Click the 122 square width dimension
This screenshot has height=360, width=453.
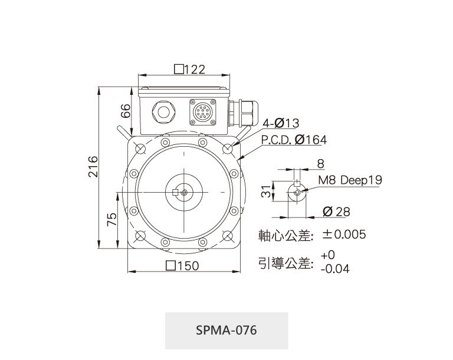pyautogui.click(x=190, y=70)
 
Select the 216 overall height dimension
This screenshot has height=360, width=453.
pyautogui.click(x=93, y=167)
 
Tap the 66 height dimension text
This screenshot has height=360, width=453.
pyautogui.click(x=126, y=111)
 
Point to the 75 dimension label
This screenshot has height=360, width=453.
pyautogui.click(x=112, y=219)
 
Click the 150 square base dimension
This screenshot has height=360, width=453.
pyautogui.click(x=183, y=266)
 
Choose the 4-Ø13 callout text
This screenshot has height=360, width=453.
pyautogui.click(x=281, y=123)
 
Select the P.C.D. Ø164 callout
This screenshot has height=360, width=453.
pyautogui.click(x=294, y=140)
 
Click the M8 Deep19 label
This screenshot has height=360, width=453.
pyautogui.click(x=350, y=180)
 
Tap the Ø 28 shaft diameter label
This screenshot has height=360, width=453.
pyautogui.click(x=336, y=212)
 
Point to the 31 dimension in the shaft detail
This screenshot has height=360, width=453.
pyautogui.click(x=266, y=191)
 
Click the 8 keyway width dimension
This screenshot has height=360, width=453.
pyautogui.click(x=321, y=164)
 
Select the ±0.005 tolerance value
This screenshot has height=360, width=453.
pyautogui.click(x=344, y=235)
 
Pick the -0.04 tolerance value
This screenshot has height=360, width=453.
pyautogui.click(x=335, y=269)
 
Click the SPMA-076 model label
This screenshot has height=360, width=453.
pyautogui.click(x=226, y=330)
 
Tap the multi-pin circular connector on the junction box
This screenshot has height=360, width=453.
pyautogui.click(x=202, y=113)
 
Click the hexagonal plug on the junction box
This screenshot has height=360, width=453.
pyautogui.click(x=163, y=113)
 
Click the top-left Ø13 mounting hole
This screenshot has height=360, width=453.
pyautogui.click(x=141, y=148)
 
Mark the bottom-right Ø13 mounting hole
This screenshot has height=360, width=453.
pyautogui.click(x=228, y=236)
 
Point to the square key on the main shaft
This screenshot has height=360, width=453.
pyautogui.click(x=175, y=192)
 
